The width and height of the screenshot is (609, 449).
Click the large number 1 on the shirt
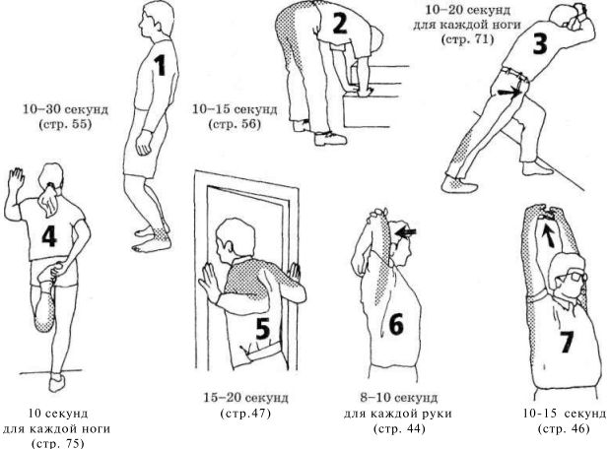coord(160,65)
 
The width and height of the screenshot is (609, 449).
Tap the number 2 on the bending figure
coord(339,23)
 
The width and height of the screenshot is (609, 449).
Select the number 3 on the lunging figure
coord(540,43)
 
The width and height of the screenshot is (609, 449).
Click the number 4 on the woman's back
coord(49,235)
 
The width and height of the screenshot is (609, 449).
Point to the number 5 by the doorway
coord(263,328)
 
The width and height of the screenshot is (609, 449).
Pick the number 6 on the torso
coord(396,324)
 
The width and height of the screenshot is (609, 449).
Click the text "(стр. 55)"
coord(65,125)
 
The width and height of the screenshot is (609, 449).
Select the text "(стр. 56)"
coord(235,125)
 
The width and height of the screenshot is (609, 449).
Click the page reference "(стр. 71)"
coord(467,39)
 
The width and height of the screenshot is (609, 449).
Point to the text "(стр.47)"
coord(245,414)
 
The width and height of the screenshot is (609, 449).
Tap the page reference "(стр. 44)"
coord(399,429)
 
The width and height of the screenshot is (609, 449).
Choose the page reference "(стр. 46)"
coord(564,429)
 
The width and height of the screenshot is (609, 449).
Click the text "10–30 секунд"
coord(65,109)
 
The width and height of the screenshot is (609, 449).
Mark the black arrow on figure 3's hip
coord(509,92)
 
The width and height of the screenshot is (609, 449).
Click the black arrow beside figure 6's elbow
coord(405,232)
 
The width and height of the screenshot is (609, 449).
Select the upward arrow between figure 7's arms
coord(548,235)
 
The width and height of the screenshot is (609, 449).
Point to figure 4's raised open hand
coord(17,179)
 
